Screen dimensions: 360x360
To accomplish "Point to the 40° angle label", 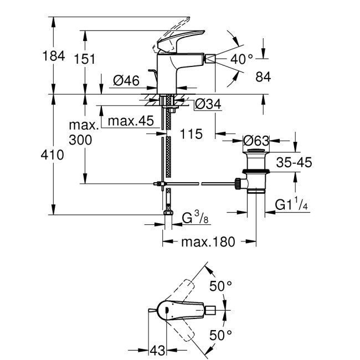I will (x=242, y=58).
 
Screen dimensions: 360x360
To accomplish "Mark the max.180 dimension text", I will (x=209, y=242).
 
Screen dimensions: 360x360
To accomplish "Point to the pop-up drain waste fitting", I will (x=255, y=172).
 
